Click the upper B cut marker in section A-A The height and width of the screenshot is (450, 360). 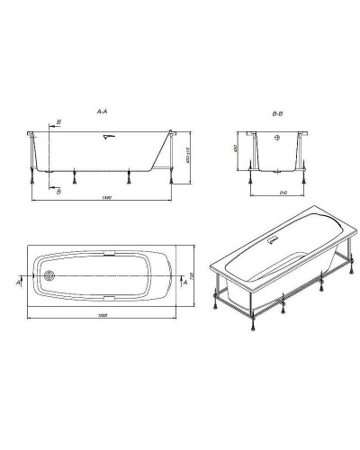58,121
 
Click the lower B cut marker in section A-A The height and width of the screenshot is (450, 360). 58,190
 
